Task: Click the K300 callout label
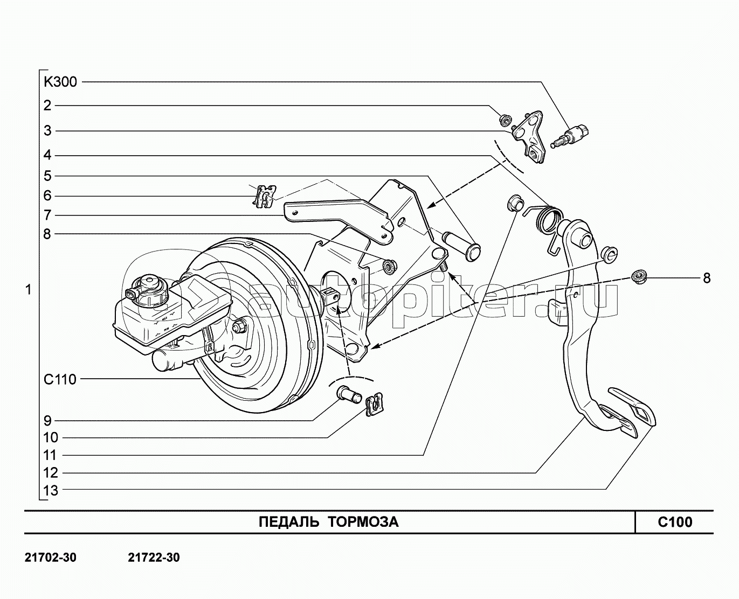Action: point(60,82)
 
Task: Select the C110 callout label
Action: point(60,379)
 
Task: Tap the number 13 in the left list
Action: point(51,490)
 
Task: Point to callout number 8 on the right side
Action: point(706,278)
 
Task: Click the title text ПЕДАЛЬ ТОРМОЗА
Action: point(329,521)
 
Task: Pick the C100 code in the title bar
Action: point(675,521)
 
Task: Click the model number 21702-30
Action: point(51,558)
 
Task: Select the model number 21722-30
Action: point(154,558)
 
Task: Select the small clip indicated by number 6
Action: point(264,195)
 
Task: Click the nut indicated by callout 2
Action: point(505,120)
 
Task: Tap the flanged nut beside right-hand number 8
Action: point(639,277)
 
